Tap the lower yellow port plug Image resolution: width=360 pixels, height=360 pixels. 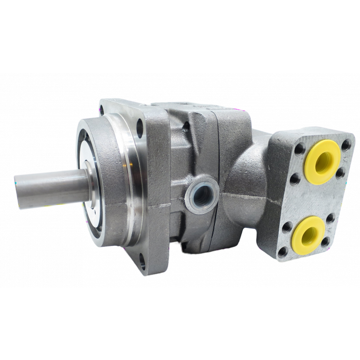312,234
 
